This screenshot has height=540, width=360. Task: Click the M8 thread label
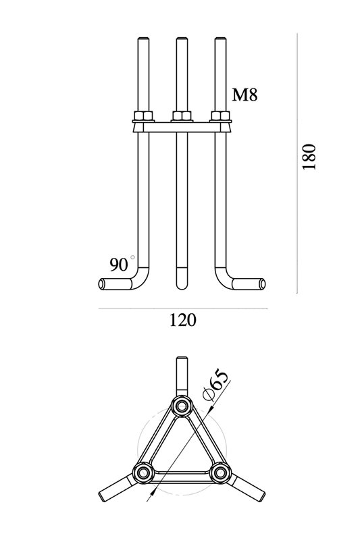tap(245, 94)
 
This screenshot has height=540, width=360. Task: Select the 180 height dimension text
tap(308, 157)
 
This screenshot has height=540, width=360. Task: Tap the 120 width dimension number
tap(182, 320)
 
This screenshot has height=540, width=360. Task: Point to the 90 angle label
tap(119, 265)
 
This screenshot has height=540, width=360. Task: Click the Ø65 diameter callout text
tap(215, 385)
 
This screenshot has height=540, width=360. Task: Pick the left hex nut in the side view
tap(143, 115)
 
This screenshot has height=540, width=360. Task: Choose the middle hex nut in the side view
tap(182, 115)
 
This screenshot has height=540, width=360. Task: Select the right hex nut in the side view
tap(220, 115)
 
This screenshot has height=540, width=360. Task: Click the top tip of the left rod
tap(143, 38)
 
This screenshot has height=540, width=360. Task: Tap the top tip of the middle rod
tap(182, 38)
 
